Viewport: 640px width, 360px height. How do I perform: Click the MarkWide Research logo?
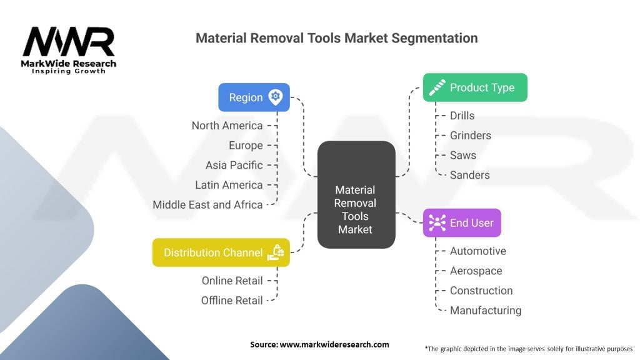tap(69, 49)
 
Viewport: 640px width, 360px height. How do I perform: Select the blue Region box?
tap(254, 97)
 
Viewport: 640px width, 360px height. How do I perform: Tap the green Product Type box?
tap(475, 87)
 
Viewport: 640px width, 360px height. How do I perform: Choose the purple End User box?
tap(462, 222)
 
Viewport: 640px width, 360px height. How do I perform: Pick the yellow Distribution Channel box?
tap(221, 252)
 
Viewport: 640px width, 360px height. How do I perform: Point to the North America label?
tap(227, 126)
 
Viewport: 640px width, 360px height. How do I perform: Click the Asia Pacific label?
tap(234, 165)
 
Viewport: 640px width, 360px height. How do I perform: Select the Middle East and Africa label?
tap(207, 204)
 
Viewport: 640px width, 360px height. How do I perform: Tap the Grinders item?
tap(471, 136)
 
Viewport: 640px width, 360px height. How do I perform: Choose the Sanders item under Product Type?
tap(470, 175)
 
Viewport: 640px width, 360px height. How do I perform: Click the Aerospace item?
tap(476, 271)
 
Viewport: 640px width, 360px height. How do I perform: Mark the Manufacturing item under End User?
tap(486, 310)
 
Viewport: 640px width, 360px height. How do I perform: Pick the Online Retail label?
tap(232, 281)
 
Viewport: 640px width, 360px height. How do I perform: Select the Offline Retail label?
tap(232, 301)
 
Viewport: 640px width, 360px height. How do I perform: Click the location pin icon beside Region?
tap(276, 97)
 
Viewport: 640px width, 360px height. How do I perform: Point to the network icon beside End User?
tap(437, 222)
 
